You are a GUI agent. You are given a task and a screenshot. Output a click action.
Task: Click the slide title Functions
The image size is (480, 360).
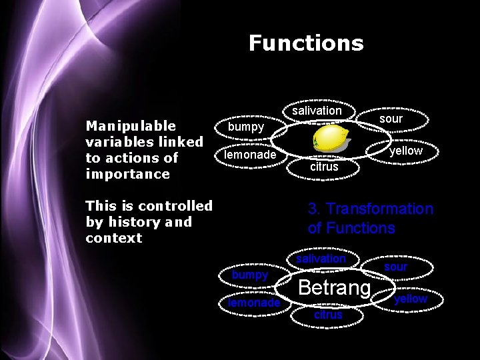306,43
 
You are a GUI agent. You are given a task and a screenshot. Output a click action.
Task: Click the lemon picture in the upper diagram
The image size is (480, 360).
331,139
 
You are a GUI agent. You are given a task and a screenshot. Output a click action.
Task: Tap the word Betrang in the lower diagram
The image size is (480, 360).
334,288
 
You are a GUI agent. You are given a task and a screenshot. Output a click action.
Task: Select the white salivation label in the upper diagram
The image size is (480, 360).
317,111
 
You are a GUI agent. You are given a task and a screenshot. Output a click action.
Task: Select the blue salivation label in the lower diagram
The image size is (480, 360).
321,259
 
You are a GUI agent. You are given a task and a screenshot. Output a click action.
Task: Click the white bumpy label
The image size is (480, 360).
246,126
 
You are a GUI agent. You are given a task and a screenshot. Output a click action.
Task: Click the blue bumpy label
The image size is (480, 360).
250,275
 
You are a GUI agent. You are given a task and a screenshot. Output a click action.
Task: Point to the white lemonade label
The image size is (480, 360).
250,155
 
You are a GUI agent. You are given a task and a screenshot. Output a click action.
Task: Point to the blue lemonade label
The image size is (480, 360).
254,303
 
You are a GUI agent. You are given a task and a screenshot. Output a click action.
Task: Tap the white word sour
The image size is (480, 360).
391,119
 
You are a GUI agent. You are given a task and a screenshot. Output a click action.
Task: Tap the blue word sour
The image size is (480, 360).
395,267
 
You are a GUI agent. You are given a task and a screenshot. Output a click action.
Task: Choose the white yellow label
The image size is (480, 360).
406,151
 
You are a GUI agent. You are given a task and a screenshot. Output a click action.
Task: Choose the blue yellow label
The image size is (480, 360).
411,299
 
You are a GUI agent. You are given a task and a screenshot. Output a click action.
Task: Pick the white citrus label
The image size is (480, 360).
324,167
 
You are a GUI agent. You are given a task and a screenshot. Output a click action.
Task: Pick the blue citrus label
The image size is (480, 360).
328,314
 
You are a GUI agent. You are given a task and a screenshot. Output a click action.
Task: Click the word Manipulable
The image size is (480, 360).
131,126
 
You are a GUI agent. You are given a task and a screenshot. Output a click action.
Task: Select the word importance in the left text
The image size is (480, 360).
128,174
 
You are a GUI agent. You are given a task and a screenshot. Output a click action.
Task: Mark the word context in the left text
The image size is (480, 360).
114,238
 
